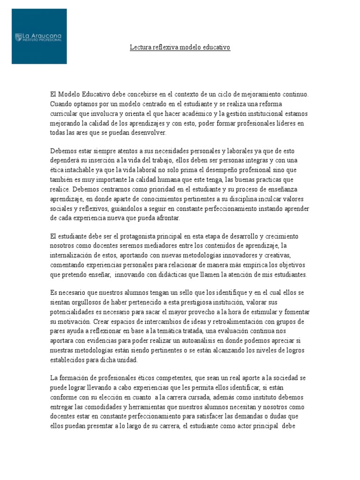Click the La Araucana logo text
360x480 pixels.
[x=42, y=36]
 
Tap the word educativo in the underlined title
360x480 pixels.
[x=215, y=48]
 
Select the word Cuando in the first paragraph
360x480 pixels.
[x=61, y=104]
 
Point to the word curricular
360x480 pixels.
[x=64, y=113]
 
